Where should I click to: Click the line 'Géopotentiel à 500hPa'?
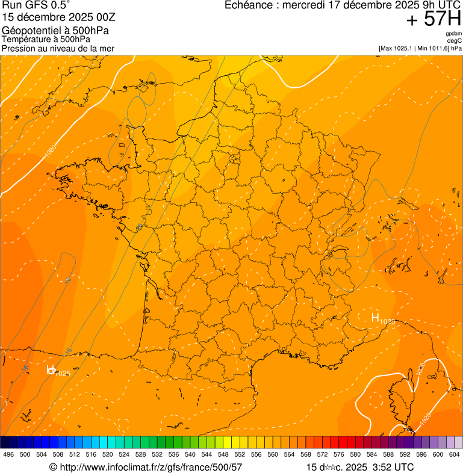pos(55,31)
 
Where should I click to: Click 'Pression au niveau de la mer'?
pos(58,48)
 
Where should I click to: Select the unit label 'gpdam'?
pos(453,34)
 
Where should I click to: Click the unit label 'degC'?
pos(455,41)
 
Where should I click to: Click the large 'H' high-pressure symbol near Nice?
pos(375,318)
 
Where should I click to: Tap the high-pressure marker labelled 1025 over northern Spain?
pos(52,369)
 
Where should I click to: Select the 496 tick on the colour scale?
pos(8,455)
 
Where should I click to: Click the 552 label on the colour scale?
pos(240,455)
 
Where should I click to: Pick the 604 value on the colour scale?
pos(454,455)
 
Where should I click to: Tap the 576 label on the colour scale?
pos(338,455)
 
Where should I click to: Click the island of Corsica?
pos(399,403)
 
